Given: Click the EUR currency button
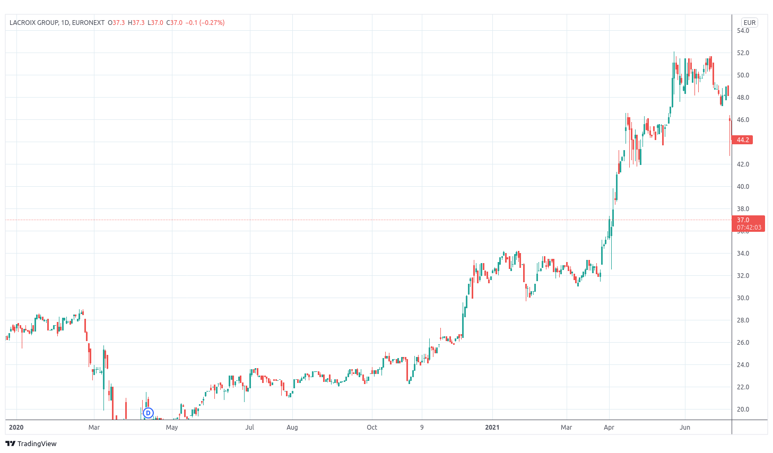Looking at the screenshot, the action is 750,23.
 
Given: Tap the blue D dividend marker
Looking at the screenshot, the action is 148,413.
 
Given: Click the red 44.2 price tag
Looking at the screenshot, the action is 742,140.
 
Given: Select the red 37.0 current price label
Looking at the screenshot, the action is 749,223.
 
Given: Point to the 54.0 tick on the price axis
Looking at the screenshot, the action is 743,31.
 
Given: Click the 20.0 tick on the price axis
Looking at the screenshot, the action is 743,409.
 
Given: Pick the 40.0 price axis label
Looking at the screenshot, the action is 743,187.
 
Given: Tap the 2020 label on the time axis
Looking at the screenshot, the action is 16,428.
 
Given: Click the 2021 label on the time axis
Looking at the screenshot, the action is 492,428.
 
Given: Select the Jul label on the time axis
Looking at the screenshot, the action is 249,428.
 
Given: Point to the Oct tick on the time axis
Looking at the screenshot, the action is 372,428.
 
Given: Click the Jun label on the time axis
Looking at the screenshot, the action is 684,428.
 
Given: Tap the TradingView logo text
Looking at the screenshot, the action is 37,443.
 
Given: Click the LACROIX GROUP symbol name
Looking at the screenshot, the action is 33,23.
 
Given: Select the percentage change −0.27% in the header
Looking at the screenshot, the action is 212,23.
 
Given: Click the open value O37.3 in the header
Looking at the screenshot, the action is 116,23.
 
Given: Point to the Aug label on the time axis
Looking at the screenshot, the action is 292,428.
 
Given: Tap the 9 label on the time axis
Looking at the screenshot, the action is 422,428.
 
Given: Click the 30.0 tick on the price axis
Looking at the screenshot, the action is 743,298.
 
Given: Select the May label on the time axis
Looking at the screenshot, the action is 172,428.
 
